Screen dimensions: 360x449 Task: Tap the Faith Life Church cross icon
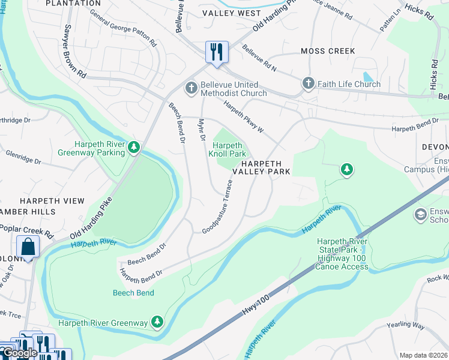[309, 83]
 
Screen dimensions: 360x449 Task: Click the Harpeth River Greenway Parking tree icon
[134, 147]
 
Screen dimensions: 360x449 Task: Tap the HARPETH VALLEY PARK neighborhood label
[266, 167]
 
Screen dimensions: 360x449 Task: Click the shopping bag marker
[28, 246]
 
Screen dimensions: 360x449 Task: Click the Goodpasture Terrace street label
[217, 206]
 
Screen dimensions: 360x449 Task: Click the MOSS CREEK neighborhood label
[328, 51]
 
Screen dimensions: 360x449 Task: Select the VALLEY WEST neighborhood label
[232, 13]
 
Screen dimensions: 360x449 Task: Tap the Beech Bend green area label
[133, 293]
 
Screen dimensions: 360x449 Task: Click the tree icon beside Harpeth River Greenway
[157, 322]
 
